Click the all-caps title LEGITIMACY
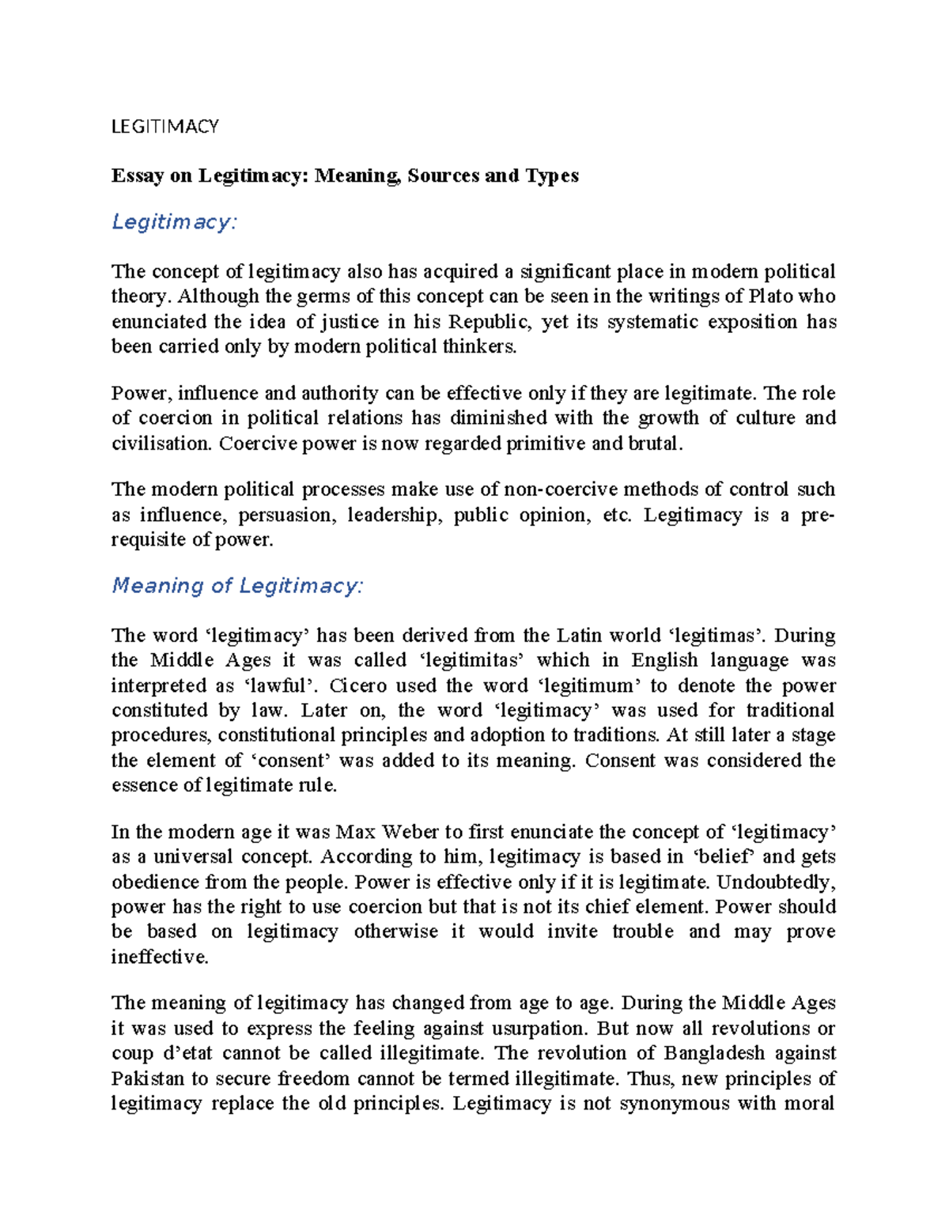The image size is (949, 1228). pos(164,127)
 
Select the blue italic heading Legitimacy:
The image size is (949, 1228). pos(174,222)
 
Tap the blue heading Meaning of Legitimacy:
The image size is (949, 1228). pos(237,586)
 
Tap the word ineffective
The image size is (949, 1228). pos(160,957)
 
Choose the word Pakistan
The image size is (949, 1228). pos(148,1079)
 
